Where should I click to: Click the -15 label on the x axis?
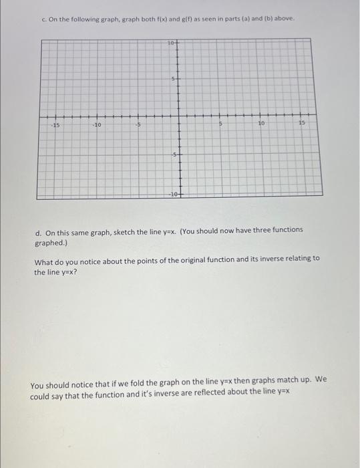tap(56, 124)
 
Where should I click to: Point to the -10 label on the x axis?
tap(98, 124)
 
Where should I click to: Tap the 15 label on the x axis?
tap(301, 124)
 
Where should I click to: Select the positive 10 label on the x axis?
tap(261, 124)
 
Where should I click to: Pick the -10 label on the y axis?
tap(172, 193)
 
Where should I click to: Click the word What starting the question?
tap(45, 258)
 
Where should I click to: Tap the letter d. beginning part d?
tap(38, 229)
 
